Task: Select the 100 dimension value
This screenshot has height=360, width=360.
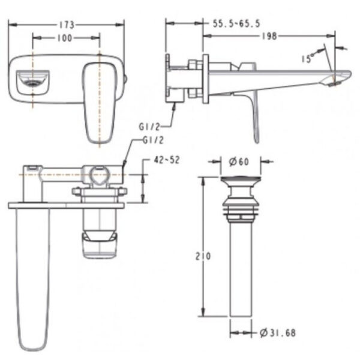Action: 66,38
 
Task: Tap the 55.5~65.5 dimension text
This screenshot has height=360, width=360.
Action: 236,23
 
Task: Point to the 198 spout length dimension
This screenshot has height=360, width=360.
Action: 269,36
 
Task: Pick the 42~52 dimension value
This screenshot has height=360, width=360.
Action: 167,160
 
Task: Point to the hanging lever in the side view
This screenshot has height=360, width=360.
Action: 254,114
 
